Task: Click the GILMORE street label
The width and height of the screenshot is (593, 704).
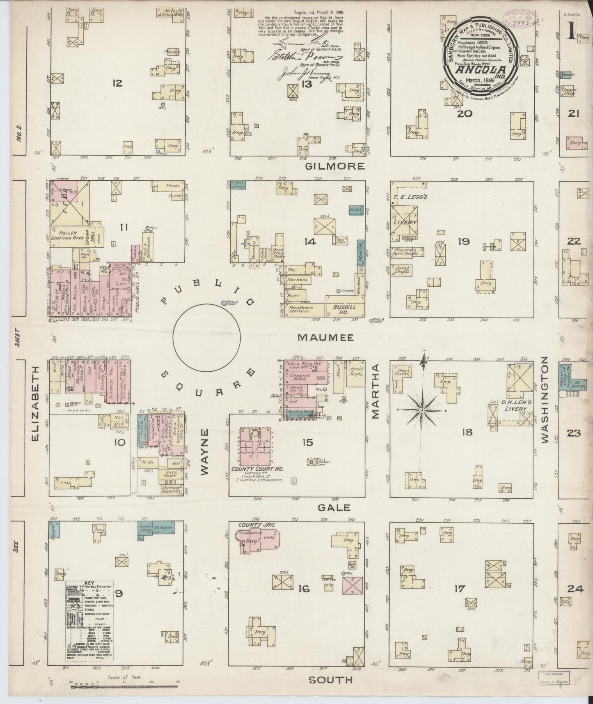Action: (x=335, y=166)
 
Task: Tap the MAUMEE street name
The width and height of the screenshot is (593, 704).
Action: (x=325, y=338)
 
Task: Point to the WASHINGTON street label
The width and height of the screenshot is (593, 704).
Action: (x=545, y=400)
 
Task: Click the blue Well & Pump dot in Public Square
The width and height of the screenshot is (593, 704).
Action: (x=224, y=303)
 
